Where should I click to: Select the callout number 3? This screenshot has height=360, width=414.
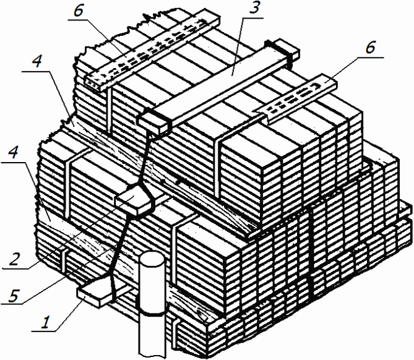pos(253,9)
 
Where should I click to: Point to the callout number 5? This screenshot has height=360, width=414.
pos(14,295)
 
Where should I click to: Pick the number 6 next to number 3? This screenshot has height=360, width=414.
pos(79,11)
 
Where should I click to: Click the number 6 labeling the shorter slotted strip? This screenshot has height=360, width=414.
pos(370,48)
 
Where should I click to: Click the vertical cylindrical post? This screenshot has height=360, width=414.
pos(152,304)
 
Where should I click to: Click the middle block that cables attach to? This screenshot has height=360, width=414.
pos(134,201)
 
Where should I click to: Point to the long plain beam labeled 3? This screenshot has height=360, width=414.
pos(218,87)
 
